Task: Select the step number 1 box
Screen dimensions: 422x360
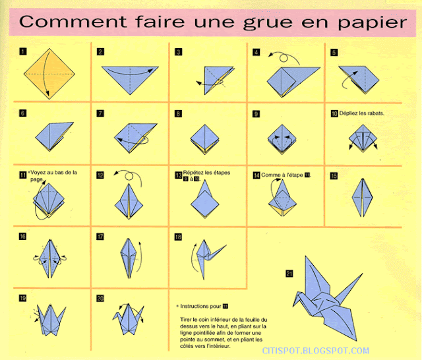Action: pyautogui.click(x=23, y=51)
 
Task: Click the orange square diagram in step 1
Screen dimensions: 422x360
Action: pyautogui.click(x=49, y=74)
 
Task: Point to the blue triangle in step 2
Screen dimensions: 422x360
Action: pyautogui.click(x=130, y=78)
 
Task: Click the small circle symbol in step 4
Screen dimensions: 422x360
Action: pyautogui.click(x=284, y=58)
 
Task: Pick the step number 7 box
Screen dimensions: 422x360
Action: pyautogui.click(x=100, y=113)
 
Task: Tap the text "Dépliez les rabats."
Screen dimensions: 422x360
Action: pyautogui.click(x=361, y=113)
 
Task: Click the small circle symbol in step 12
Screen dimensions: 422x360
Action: pyautogui.click(x=129, y=177)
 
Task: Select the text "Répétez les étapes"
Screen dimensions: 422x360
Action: pyautogui.click(x=206, y=173)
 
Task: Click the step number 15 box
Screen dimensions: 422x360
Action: pyautogui.click(x=334, y=175)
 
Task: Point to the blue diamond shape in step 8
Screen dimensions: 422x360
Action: pyautogui.click(x=205, y=139)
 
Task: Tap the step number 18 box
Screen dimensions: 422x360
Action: pyautogui.click(x=178, y=237)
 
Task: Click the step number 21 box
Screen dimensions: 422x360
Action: pyautogui.click(x=289, y=274)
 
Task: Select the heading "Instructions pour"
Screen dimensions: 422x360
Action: pyautogui.click(x=200, y=306)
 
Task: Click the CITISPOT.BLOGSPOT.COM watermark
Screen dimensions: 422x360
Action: pyautogui.click(x=315, y=351)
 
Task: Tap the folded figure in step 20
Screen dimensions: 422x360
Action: pyautogui.click(x=129, y=319)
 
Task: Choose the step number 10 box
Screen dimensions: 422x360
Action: pyautogui.click(x=334, y=113)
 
